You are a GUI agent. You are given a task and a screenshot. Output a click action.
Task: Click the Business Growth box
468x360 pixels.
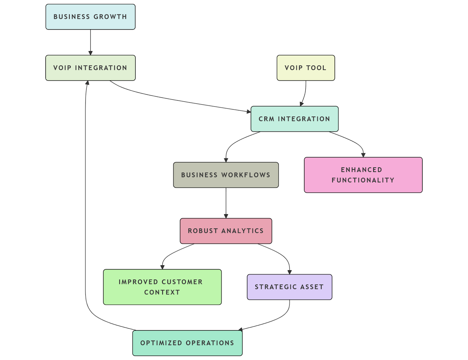click(x=90, y=17)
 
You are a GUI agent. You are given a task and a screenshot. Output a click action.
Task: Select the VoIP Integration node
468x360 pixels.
click(x=90, y=68)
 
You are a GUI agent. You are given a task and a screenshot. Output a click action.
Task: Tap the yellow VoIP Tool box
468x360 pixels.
click(x=306, y=68)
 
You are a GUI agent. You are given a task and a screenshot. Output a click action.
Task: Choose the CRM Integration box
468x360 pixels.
click(x=295, y=119)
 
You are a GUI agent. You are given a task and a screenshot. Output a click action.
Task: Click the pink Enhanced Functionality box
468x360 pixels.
click(x=363, y=175)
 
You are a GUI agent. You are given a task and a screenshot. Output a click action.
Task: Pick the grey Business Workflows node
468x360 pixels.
click(x=226, y=175)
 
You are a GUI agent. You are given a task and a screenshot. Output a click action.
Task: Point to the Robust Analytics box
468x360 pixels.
click(x=226, y=231)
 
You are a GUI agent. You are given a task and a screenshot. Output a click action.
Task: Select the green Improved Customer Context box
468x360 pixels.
click(x=162, y=287)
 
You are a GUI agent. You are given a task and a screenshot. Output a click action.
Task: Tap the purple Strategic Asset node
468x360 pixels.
click(x=289, y=287)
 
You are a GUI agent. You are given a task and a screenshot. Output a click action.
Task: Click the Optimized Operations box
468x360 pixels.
click(x=187, y=343)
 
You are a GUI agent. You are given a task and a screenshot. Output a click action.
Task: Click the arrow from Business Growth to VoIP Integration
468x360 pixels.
click(x=90, y=42)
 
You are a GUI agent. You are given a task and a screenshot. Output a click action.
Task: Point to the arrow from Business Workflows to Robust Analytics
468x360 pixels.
click(x=226, y=203)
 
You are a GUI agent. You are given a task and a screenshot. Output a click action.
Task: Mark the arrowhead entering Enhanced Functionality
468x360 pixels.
click(x=363, y=155)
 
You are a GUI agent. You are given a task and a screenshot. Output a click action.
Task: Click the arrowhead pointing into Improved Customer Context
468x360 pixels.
click(x=162, y=267)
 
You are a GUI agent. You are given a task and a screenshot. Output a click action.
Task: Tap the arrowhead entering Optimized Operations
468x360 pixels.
click(x=240, y=330)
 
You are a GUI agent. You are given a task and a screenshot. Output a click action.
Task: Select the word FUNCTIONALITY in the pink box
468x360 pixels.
click(x=363, y=180)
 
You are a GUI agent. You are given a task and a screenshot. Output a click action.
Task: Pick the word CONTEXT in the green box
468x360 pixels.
click(x=162, y=292)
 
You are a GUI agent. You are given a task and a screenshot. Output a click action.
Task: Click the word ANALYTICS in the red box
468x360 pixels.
click(x=242, y=231)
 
